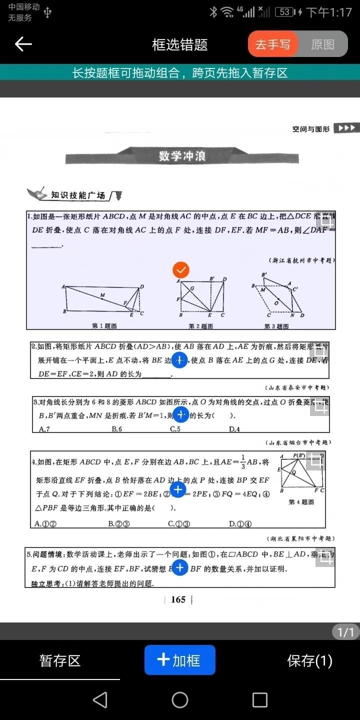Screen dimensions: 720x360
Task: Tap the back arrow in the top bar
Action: pyautogui.click(x=23, y=44)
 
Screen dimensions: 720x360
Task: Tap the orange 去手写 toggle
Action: pyautogui.click(x=273, y=44)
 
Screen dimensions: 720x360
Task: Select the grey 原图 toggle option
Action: pyautogui.click(x=322, y=44)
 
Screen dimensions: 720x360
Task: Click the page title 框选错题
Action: pyautogui.click(x=179, y=44)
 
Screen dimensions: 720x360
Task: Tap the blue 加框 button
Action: pyautogui.click(x=180, y=660)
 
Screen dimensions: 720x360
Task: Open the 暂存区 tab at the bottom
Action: pyautogui.click(x=60, y=660)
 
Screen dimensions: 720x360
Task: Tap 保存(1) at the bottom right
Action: pyautogui.click(x=309, y=660)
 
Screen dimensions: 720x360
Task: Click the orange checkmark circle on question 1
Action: pyautogui.click(x=180, y=270)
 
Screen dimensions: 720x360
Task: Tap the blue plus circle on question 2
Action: pyautogui.click(x=179, y=360)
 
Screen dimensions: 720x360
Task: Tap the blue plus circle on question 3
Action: pyautogui.click(x=181, y=413)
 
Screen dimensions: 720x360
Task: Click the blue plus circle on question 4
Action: pyautogui.click(x=178, y=490)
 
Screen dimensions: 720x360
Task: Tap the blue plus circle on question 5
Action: pyautogui.click(x=180, y=568)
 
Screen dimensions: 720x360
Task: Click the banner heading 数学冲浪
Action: pyautogui.click(x=182, y=155)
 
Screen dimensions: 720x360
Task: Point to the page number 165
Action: pyautogui.click(x=178, y=599)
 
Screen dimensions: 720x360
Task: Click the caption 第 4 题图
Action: pyautogui.click(x=301, y=502)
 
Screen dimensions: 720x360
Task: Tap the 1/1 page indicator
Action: pyautogui.click(x=345, y=632)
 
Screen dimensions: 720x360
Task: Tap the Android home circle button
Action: pyautogui.click(x=180, y=700)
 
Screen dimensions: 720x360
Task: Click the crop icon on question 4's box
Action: pyautogui.click(x=316, y=461)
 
